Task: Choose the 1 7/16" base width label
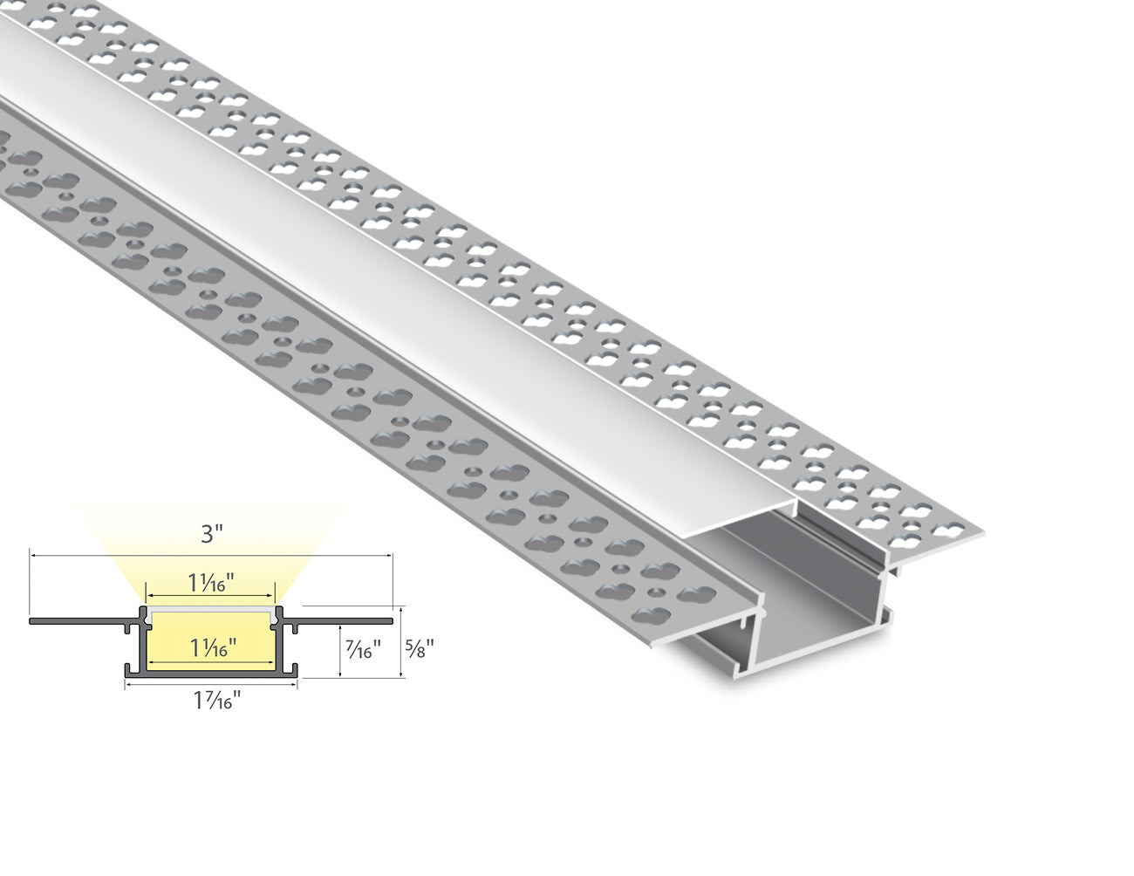[x=212, y=700]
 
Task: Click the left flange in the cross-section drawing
[x=79, y=621]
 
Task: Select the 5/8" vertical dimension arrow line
[x=400, y=642]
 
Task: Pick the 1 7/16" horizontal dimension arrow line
[x=212, y=685]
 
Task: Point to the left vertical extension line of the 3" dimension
[x=31, y=585]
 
